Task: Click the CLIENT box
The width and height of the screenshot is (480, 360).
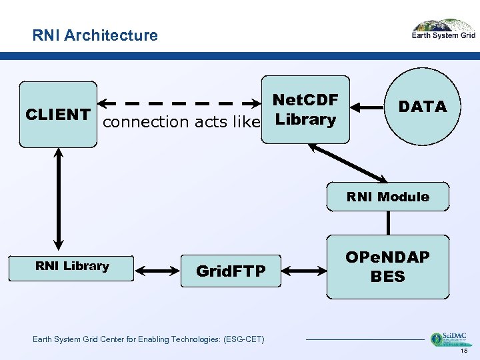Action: pyautogui.click(x=58, y=114)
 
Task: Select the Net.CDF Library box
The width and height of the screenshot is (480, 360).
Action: pyautogui.click(x=305, y=109)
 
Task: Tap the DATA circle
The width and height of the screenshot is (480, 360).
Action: pyautogui.click(x=422, y=107)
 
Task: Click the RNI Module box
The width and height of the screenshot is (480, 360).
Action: pyautogui.click(x=387, y=197)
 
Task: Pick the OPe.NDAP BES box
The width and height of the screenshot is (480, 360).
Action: pyautogui.click(x=387, y=267)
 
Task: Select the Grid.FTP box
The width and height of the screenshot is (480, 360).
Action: pyautogui.click(x=231, y=271)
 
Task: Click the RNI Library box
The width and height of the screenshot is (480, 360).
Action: pyautogui.click(x=72, y=267)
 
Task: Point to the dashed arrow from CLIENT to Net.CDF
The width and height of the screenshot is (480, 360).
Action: pyautogui.click(x=180, y=104)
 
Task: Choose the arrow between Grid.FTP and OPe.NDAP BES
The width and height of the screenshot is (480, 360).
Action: pyautogui.click(x=304, y=271)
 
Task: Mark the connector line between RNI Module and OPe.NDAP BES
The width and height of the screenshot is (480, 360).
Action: pyautogui.click(x=387, y=223)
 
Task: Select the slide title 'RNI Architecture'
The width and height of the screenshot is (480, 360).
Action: pyautogui.click(x=95, y=35)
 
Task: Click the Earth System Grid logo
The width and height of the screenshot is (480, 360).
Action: pyautogui.click(x=443, y=31)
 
